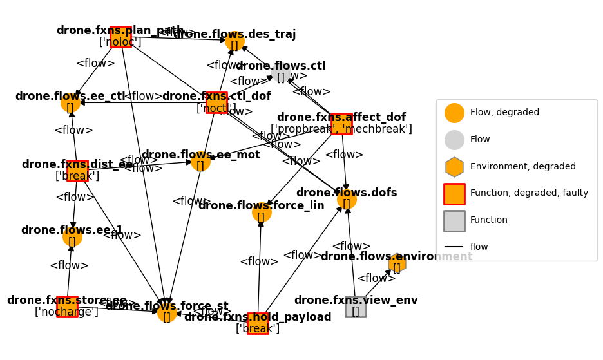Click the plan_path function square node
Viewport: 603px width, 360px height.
click(x=120, y=37)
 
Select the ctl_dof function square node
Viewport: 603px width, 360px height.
click(x=216, y=103)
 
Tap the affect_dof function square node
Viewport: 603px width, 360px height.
click(x=341, y=124)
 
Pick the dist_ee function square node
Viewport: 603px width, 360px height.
click(x=77, y=171)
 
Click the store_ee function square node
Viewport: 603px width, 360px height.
click(x=67, y=307)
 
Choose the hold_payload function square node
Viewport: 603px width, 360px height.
click(x=258, y=323)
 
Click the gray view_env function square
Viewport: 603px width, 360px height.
click(x=356, y=307)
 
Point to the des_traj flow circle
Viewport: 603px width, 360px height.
click(x=235, y=41)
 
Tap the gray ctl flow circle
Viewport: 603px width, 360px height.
click(x=280, y=73)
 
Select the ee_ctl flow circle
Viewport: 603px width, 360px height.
click(x=70, y=103)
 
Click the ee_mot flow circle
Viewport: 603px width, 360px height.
click(x=200, y=161)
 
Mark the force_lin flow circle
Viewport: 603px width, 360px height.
click(x=262, y=213)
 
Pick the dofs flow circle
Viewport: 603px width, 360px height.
click(x=347, y=200)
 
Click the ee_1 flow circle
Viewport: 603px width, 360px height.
click(x=72, y=237)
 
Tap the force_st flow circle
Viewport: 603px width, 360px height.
click(x=167, y=313)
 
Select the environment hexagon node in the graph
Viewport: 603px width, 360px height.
click(x=397, y=263)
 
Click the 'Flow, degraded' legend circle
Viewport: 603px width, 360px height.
click(x=454, y=113)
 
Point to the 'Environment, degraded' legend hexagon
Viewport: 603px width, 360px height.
click(x=454, y=167)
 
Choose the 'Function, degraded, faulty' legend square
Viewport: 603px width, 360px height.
click(x=454, y=194)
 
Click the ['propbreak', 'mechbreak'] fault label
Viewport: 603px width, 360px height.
click(x=341, y=129)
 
